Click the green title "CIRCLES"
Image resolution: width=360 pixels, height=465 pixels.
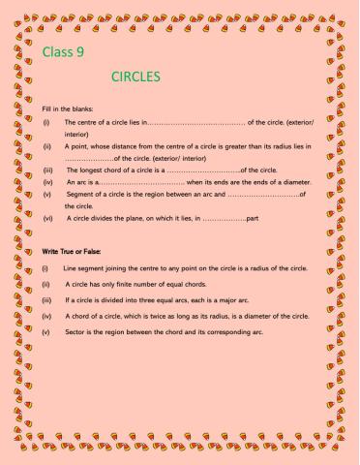pos(135,76)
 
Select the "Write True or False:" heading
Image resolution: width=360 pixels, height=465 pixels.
pos(72,251)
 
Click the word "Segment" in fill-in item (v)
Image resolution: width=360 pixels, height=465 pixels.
pos(79,194)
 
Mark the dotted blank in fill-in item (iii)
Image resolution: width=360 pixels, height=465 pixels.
pos(203,169)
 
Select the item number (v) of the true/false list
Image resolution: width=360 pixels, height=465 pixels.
pos(45,333)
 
